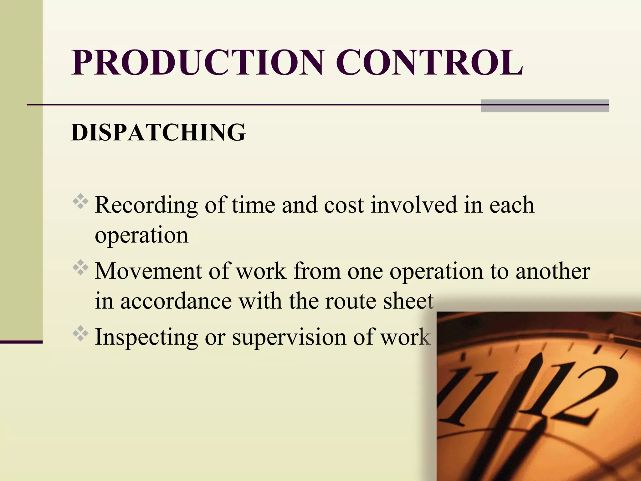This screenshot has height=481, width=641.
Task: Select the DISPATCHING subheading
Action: [158, 132]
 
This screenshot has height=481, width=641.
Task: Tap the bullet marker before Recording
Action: [80, 202]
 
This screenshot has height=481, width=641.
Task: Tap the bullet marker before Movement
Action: [80, 267]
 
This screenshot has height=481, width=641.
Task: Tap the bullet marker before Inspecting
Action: [80, 334]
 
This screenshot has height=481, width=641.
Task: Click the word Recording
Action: [146, 205]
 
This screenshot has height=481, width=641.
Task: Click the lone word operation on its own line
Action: [141, 235]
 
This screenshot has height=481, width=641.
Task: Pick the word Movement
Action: [148, 271]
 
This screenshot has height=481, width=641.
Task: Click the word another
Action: [553, 271]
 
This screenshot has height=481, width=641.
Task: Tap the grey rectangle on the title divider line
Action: [545, 106]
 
